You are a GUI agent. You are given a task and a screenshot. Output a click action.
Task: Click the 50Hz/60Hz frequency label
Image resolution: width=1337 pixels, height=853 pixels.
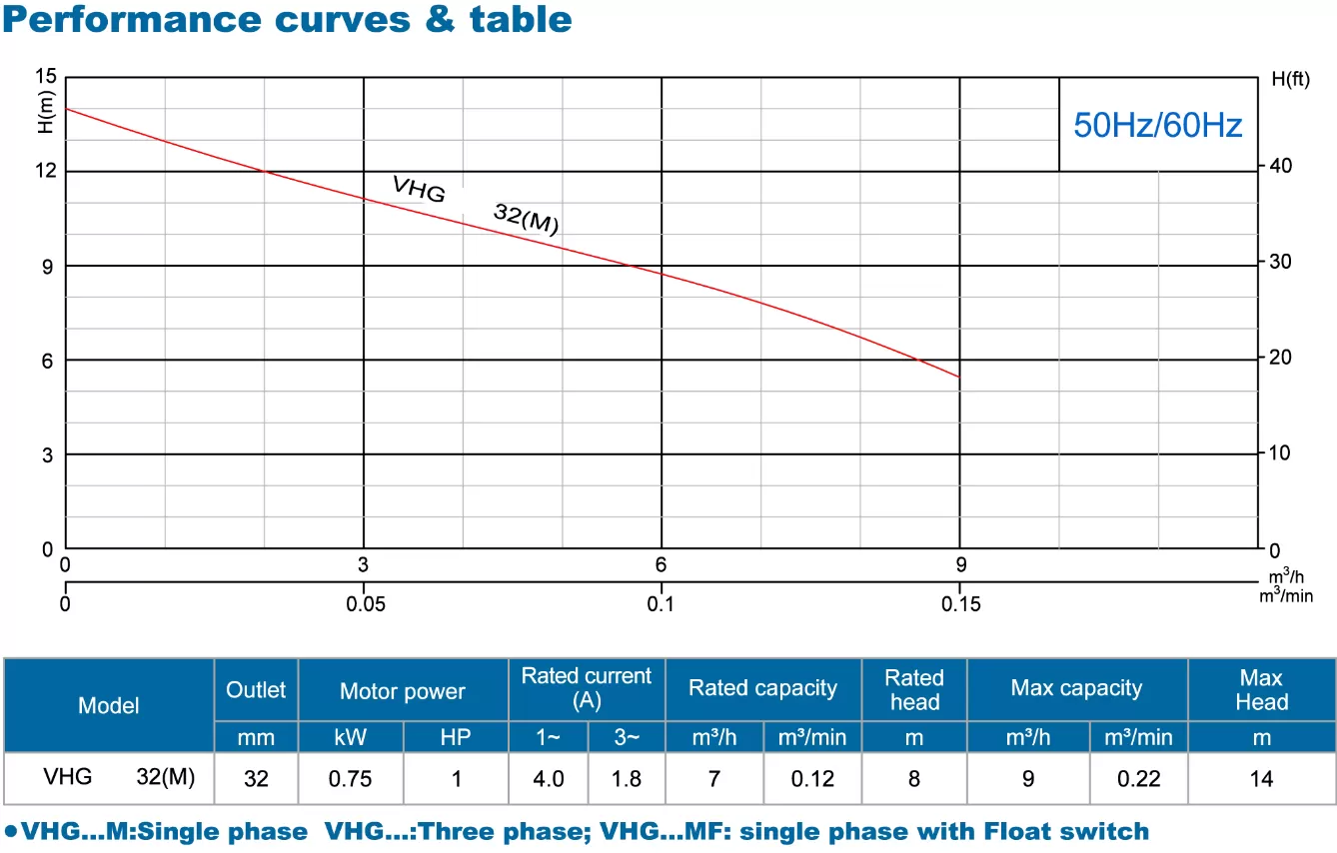[x=1157, y=125]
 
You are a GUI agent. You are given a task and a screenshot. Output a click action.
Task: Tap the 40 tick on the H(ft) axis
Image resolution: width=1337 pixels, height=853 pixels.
[x=1280, y=166]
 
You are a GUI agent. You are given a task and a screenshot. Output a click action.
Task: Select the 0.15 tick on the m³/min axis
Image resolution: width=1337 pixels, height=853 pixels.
[x=960, y=604]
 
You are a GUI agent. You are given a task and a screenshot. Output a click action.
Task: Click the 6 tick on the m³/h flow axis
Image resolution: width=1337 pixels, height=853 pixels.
[x=661, y=564]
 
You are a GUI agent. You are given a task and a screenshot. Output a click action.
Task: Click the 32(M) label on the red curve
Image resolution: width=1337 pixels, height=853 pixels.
[x=526, y=219]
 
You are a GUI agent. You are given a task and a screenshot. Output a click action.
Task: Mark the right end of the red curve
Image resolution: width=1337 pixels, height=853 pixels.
[x=959, y=377]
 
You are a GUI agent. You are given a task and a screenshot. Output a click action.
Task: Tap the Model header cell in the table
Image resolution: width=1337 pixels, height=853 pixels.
[x=109, y=705]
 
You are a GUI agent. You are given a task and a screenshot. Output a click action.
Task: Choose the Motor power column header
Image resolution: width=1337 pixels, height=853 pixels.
[x=403, y=691]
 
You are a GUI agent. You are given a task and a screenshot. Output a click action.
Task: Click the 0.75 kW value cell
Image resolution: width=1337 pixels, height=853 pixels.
[x=351, y=779]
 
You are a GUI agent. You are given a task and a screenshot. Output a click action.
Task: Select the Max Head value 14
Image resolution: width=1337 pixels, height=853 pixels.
[x=1261, y=779]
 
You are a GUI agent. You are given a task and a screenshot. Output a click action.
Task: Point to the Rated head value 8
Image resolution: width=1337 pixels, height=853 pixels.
[x=914, y=779]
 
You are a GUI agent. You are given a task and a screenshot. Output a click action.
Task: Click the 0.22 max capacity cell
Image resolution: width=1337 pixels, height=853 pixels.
[x=1138, y=779]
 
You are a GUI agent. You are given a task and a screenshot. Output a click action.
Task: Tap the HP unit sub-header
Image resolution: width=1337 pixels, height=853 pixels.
[x=456, y=738]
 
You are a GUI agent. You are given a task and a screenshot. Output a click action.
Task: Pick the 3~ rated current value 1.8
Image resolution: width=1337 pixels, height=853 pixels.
[x=626, y=779]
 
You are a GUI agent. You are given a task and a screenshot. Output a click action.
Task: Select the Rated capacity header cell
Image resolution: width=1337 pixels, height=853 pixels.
[x=762, y=688]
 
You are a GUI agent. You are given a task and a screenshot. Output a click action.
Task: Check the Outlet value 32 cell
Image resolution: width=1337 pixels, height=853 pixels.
[x=256, y=779]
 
